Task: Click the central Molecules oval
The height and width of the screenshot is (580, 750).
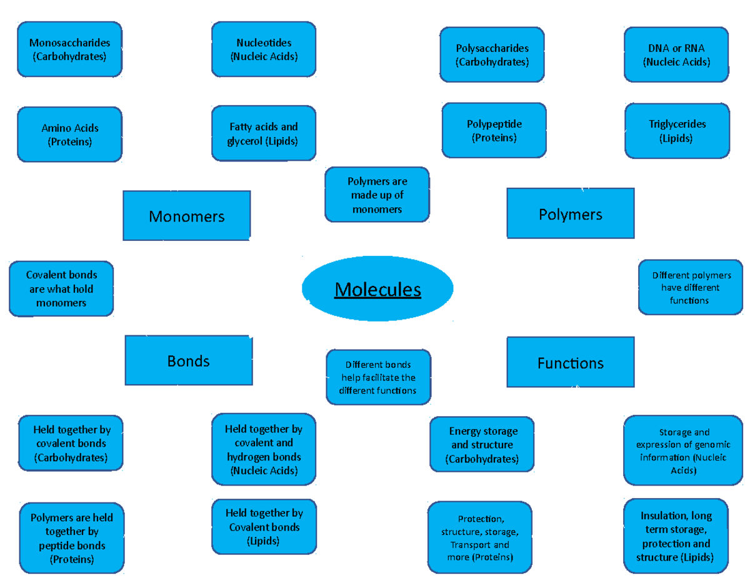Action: coord(377,289)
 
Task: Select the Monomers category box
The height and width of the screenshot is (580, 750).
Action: coord(187,216)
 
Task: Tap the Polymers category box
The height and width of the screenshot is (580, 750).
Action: coord(570,214)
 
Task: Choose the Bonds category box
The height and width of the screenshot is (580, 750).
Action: coord(188,360)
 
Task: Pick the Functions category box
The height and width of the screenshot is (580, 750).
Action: coord(570,362)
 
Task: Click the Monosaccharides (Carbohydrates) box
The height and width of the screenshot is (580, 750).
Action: coord(69,49)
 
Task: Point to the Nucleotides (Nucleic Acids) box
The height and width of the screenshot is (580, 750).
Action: coord(264,49)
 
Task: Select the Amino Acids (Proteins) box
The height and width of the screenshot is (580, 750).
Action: coord(69,135)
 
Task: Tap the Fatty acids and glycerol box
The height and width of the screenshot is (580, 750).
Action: coord(263,134)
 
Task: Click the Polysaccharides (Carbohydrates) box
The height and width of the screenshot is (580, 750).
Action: coord(492,55)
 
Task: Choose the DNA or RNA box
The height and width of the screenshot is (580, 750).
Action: coord(676,55)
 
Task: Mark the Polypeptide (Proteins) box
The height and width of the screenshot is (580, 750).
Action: coord(494,131)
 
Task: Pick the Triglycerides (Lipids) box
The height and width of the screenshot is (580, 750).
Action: coord(677,131)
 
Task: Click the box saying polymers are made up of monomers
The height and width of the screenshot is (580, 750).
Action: coord(377,195)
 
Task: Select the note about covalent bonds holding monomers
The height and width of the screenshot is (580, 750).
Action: coord(61,288)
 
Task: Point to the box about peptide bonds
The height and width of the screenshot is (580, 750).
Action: coord(71,538)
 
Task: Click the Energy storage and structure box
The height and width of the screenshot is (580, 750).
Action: coord(482,444)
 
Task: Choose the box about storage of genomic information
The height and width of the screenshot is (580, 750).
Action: coord(682,450)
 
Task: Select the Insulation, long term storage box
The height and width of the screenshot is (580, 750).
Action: coord(676,536)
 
